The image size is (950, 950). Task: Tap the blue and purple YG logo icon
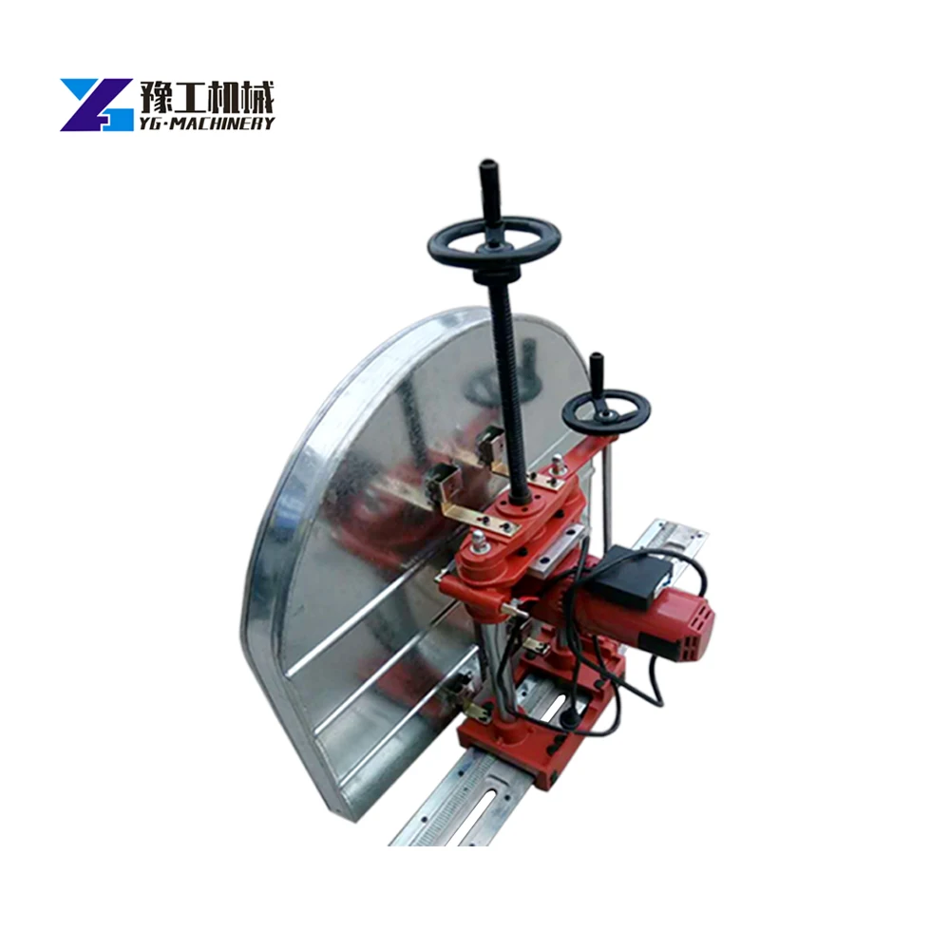pos(95,104)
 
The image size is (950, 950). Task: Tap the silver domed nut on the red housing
pos(478,541)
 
